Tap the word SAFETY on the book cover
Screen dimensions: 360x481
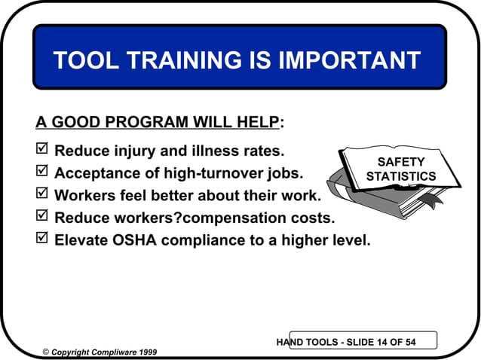point(400,163)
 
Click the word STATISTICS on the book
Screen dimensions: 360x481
point(400,177)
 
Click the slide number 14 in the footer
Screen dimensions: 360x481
point(384,343)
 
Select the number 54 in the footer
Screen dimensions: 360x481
point(410,343)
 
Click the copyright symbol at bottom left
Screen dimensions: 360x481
point(46,352)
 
